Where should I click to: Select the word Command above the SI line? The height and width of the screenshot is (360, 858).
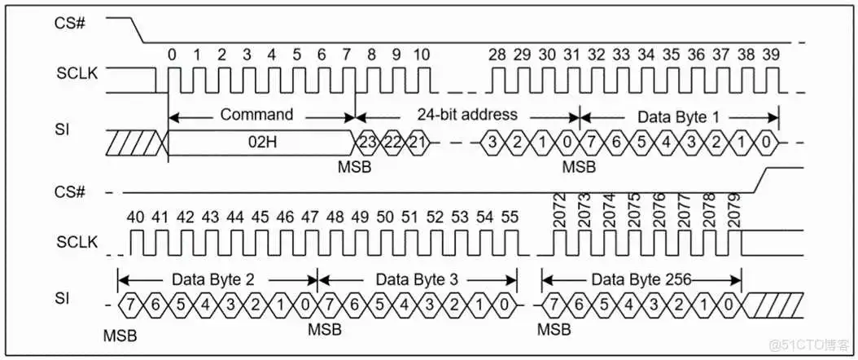[256, 114]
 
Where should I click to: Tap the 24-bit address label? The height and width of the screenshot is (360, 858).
[467, 114]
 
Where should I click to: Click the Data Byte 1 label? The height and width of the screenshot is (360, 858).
[679, 116]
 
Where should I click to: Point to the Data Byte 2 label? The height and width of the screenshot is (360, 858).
[213, 279]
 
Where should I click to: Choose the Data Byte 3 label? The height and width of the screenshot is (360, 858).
[417, 279]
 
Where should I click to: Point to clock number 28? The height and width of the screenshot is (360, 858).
[497, 55]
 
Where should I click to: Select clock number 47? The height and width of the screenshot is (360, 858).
[309, 217]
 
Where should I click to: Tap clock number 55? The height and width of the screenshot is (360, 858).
[509, 217]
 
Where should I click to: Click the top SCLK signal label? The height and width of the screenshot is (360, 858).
[77, 74]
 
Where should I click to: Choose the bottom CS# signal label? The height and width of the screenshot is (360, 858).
[69, 192]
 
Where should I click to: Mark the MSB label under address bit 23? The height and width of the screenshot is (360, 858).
[355, 166]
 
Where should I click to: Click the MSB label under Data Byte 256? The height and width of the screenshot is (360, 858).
[554, 329]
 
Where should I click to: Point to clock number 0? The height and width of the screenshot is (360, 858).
[173, 55]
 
